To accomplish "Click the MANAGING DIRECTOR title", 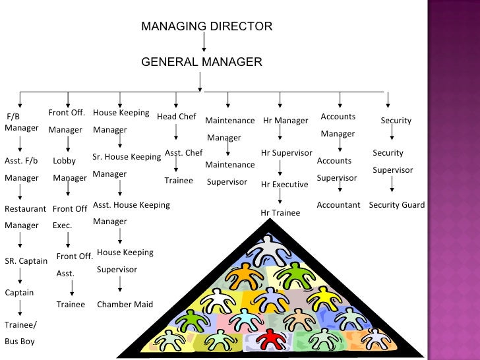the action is [x=206, y=27].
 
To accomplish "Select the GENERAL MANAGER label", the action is [x=202, y=63].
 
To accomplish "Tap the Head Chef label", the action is [x=177, y=117].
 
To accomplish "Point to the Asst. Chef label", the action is [x=183, y=153].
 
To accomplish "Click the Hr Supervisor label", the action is [x=286, y=153].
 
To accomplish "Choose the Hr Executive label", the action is [x=284, y=185].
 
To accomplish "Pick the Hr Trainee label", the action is [x=280, y=213].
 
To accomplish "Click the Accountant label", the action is [x=338, y=205].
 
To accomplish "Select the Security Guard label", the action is [x=396, y=205].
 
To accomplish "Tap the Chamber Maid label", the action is [x=125, y=305].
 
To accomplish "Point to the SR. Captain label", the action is [x=26, y=261].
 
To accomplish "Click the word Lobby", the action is [x=65, y=161].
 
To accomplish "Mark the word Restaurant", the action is [x=25, y=209].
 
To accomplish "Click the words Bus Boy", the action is [x=20, y=342].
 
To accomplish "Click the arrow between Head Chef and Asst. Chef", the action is [x=177, y=135].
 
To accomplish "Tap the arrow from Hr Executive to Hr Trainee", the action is [x=280, y=197].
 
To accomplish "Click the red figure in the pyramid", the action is [x=269, y=339].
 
